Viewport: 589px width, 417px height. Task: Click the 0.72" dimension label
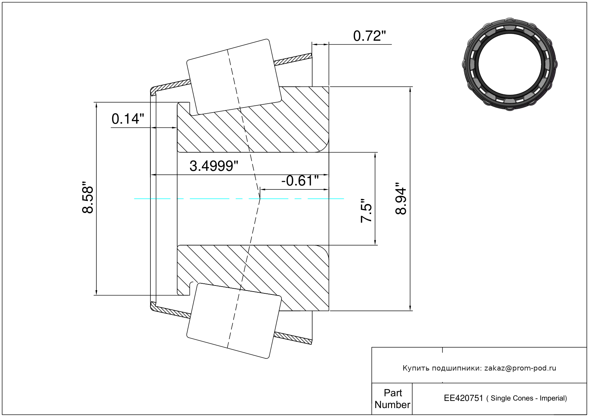tap(369, 36)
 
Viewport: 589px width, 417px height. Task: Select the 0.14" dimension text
tap(128, 119)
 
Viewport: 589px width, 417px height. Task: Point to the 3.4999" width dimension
tap(214, 166)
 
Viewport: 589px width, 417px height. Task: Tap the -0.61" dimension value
tap(300, 181)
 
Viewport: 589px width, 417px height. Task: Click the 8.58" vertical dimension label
tap(88, 197)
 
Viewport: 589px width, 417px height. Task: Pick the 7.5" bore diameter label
tap(366, 210)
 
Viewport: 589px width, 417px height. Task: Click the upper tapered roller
tap(234, 77)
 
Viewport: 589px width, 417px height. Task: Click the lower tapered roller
tap(234, 321)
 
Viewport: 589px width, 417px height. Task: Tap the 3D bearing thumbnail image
tap(510, 64)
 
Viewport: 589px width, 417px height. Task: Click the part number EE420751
tap(463, 398)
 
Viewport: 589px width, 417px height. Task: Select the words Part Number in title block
tap(393, 398)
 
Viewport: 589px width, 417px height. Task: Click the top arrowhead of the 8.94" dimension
tap(410, 90)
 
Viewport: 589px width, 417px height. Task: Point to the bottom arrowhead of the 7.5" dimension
tap(375, 242)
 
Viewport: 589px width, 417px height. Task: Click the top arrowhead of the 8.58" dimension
tap(96, 105)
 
